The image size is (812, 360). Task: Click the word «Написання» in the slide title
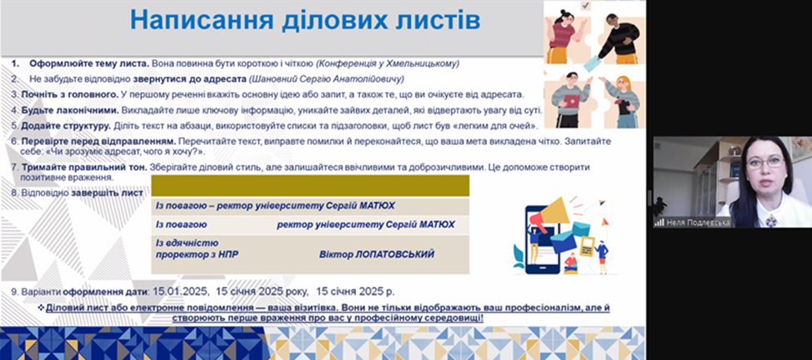point(201,20)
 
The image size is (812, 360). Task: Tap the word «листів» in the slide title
point(433,20)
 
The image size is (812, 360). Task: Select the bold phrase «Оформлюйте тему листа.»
point(89,63)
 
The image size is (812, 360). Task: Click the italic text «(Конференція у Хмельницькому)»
point(388,63)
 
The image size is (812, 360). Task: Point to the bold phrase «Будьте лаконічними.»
point(70,110)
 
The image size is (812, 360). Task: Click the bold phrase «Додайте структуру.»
point(65,126)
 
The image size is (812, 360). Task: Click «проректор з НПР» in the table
point(198,254)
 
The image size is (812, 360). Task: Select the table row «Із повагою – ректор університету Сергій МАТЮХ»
point(310,206)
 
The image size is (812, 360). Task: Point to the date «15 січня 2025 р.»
point(355,292)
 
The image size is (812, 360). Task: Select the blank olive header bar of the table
point(310,186)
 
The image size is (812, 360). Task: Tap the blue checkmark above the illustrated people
point(586,6)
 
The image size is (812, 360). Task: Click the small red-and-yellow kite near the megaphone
point(604,222)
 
